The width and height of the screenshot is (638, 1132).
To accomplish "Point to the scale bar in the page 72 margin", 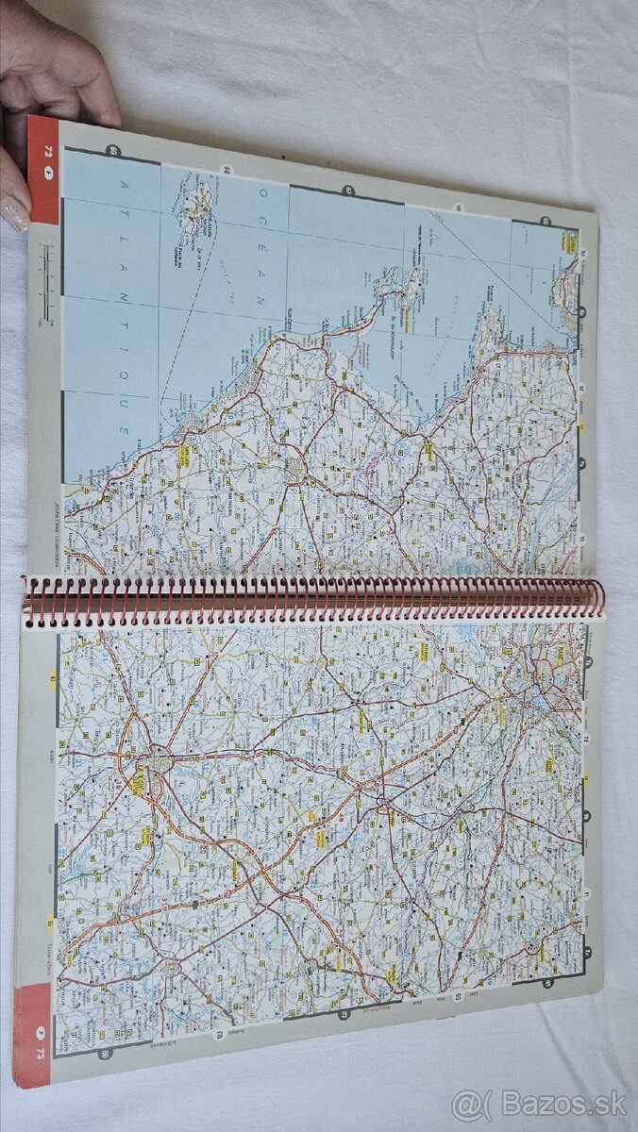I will click(x=43, y=269).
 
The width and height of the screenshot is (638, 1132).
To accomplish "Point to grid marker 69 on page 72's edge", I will click(x=114, y=152).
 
